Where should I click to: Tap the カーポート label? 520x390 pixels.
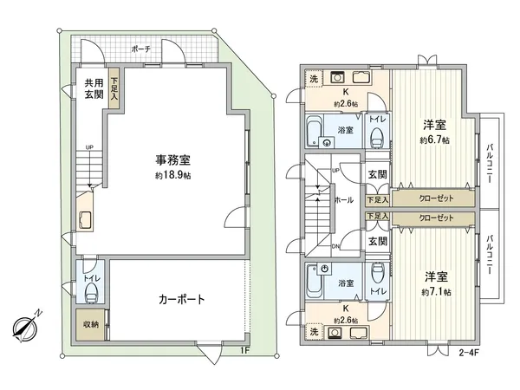181,301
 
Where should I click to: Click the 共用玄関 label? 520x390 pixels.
93,89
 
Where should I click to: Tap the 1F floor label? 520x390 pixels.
246,350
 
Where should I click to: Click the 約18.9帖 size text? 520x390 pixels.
173,174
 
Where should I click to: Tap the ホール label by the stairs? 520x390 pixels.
343,199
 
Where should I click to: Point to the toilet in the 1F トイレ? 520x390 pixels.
94,292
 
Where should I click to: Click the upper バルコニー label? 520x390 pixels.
490,159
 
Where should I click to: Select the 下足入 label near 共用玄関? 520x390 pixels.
114,89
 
